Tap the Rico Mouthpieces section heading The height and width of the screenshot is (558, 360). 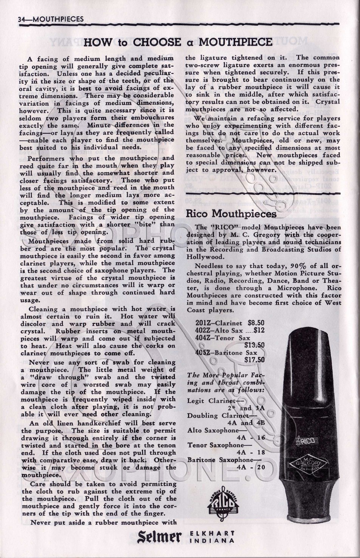click(231, 214)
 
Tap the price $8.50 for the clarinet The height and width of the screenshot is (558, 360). click(256, 323)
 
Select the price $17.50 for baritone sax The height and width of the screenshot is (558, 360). click(254, 360)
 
